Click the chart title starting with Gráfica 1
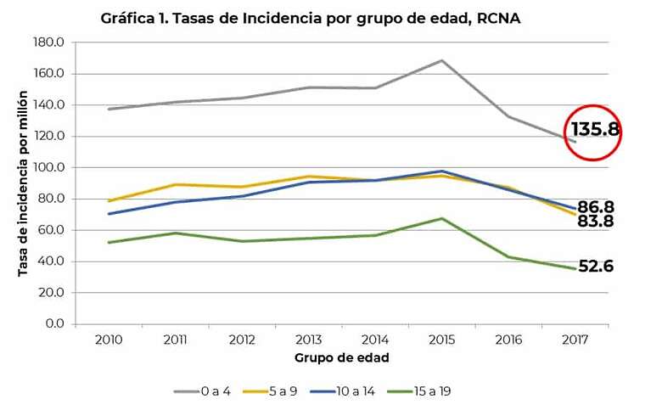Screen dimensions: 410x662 pyautogui.click(x=310, y=18)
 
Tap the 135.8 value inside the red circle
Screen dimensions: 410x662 pyautogui.click(x=595, y=131)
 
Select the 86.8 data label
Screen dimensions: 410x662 pyautogui.click(x=596, y=207)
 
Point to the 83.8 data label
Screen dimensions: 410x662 pyautogui.click(x=596, y=222)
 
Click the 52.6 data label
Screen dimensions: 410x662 pyautogui.click(x=596, y=267)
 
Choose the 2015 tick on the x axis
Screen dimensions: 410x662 pyautogui.click(x=441, y=340)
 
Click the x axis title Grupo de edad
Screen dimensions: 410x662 pyautogui.click(x=342, y=357)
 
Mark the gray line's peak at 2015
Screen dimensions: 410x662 pyautogui.click(x=441, y=60)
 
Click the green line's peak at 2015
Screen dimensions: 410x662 pyautogui.click(x=441, y=218)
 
